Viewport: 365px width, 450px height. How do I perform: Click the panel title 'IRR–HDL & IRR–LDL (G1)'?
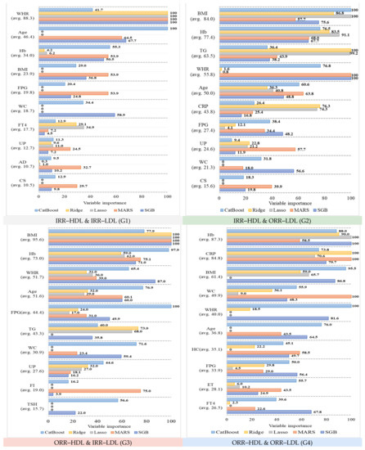pyautogui.click(x=91, y=220)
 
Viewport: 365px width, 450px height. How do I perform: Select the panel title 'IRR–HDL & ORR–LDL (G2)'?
pyautogui.click(x=273, y=220)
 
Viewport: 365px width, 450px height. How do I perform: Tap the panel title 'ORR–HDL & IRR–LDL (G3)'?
pyautogui.click(x=91, y=443)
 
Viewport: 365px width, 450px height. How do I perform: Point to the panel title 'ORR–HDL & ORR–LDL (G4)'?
pyautogui.click(x=273, y=443)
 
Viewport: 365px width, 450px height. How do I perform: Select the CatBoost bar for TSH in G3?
pyautogui.click(x=79, y=400)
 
